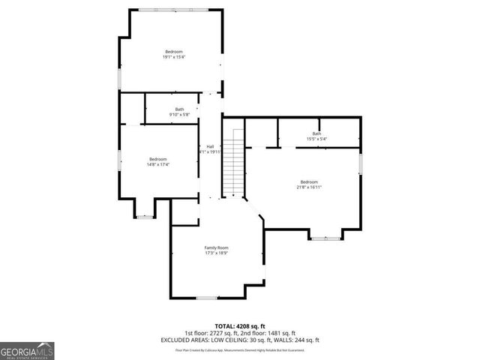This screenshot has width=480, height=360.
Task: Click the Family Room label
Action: [217, 247]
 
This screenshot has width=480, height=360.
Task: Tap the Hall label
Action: [210, 146]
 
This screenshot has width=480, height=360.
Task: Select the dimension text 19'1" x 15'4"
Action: [174, 57]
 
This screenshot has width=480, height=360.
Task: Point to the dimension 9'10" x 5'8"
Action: [179, 115]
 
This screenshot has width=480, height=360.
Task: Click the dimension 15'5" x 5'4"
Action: [316, 139]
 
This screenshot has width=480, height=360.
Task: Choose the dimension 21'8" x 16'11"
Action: [309, 187]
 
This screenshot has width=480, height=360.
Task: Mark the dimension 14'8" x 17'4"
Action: [157, 164]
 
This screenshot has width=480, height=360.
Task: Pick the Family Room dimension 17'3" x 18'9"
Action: [217, 253]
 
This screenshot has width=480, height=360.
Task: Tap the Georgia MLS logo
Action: [27, 350]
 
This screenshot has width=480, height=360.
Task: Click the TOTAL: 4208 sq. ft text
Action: [240, 326]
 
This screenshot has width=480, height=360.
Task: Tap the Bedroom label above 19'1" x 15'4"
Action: [174, 51]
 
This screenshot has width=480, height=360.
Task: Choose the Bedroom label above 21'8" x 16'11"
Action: [309, 181]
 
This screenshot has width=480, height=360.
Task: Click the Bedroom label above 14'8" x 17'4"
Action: [157, 158]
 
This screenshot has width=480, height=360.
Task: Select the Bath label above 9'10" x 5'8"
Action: [179, 109]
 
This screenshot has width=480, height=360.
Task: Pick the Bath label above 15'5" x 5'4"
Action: [316, 133]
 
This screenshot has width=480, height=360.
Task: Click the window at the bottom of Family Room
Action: [207, 298]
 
